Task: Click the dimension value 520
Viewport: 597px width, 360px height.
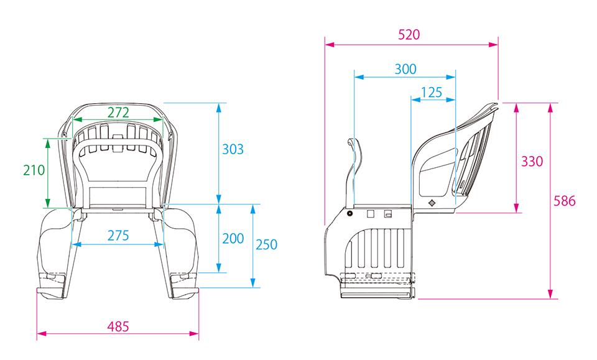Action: (x=409, y=35)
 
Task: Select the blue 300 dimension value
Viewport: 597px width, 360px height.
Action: (x=405, y=69)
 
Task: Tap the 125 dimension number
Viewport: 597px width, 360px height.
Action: (x=432, y=92)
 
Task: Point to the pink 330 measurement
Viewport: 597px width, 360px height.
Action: (x=532, y=162)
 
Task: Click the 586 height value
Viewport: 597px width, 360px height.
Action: (x=564, y=201)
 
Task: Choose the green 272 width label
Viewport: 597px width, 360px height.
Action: (x=118, y=113)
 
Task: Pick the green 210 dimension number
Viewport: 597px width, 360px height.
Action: (x=34, y=170)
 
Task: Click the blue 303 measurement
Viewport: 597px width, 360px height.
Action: (x=233, y=149)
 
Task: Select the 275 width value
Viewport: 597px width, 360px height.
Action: (x=118, y=236)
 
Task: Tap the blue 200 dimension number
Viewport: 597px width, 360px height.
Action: (x=233, y=239)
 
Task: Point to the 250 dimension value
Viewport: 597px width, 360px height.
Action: (x=266, y=244)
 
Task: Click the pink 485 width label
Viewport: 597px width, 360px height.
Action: (x=118, y=326)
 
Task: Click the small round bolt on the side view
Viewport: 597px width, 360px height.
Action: (x=349, y=213)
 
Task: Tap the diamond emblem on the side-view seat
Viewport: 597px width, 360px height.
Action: (x=432, y=203)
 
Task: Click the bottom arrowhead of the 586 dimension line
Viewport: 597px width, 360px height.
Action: (x=550, y=294)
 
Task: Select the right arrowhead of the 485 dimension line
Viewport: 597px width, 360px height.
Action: (x=194, y=334)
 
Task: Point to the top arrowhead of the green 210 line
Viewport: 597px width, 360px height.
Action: (x=48, y=144)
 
